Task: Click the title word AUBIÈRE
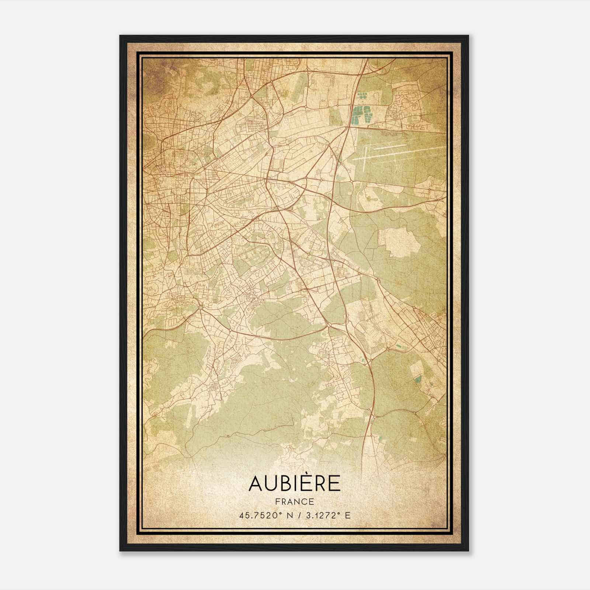pos(294,483)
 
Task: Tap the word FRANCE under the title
pos(294,502)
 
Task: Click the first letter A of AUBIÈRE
pos(256,483)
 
